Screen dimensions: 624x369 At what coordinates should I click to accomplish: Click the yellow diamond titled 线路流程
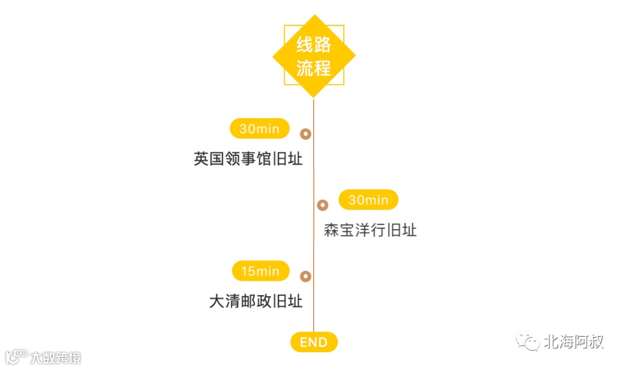click(x=314, y=55)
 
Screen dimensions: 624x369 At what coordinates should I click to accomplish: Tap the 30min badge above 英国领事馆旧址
click(x=259, y=129)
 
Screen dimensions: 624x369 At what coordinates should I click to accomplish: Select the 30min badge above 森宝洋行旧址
click(x=368, y=200)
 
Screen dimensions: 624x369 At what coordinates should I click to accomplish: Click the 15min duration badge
click(x=260, y=271)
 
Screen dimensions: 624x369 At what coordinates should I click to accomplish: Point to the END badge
click(x=314, y=342)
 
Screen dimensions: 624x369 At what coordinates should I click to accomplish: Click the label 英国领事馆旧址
click(x=248, y=159)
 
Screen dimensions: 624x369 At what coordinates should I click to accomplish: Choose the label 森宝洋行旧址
click(x=370, y=230)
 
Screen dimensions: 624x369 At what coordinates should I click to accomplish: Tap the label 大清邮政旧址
click(x=256, y=301)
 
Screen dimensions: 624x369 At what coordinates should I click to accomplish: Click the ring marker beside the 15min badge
click(x=306, y=277)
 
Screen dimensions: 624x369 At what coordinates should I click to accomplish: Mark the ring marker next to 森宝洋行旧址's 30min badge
click(x=322, y=205)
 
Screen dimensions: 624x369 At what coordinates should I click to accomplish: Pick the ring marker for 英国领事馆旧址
click(x=306, y=134)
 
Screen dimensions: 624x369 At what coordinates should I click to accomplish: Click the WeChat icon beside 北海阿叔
click(x=528, y=341)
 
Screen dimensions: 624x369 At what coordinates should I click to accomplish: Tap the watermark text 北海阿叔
click(x=573, y=342)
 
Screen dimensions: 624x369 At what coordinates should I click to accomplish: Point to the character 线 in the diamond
click(x=305, y=45)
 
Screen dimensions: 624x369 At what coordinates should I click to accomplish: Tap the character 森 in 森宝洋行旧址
click(x=331, y=230)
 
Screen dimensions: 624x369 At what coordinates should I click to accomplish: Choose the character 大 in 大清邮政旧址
click(x=217, y=301)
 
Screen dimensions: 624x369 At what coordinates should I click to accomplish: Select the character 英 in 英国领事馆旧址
click(x=201, y=159)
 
